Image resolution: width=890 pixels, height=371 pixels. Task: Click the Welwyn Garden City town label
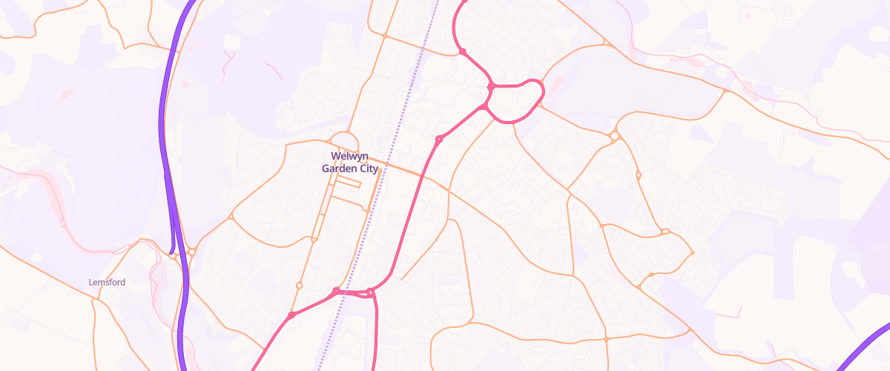point(349,162)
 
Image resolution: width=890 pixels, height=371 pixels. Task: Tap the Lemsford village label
point(107,283)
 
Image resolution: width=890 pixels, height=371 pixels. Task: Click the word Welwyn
point(349,156)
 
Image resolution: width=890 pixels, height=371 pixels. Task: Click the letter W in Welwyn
point(335,156)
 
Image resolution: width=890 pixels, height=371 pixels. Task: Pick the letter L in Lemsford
point(90,283)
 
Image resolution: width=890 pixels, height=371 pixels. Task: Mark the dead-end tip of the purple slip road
point(172,252)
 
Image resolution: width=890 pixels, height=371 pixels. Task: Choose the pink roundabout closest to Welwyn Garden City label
point(439,139)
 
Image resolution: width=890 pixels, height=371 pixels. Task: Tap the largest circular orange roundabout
point(614,136)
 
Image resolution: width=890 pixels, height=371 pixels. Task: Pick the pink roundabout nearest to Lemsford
point(291,315)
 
